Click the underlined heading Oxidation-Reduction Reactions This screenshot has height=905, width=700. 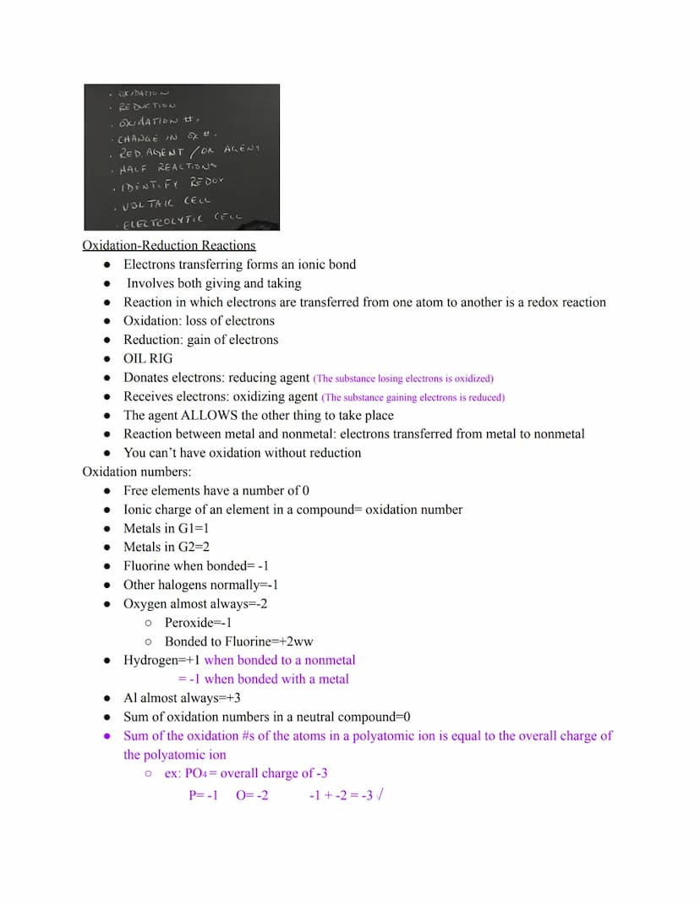coord(168,246)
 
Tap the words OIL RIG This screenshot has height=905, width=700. coord(148,358)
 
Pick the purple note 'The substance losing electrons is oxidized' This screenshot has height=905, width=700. coord(402,379)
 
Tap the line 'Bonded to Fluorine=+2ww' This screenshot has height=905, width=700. coord(238,641)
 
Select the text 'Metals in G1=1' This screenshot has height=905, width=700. coord(167,528)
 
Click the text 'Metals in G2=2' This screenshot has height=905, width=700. coord(167,547)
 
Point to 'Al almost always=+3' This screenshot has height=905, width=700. coord(182,698)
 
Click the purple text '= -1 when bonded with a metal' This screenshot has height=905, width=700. coord(263,679)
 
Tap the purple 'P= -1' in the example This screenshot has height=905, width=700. coord(204,795)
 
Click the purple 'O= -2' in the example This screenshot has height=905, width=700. coord(252,795)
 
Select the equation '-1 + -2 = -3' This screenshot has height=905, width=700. coord(342,795)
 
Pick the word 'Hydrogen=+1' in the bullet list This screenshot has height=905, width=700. coord(161,660)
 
